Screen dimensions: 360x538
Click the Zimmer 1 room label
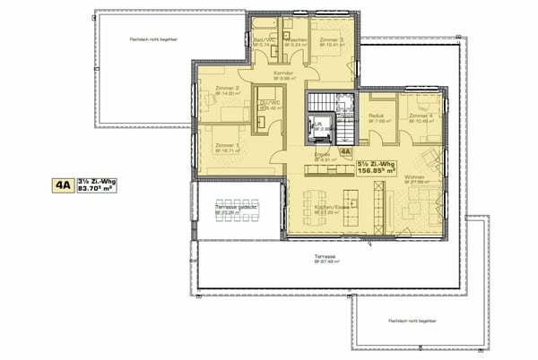pyautogui.click(x=227, y=145)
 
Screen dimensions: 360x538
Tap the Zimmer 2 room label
pyautogui.click(x=225, y=88)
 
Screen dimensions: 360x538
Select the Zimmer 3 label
pyautogui.click(x=329, y=40)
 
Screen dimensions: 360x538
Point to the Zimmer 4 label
pyautogui.click(x=421, y=116)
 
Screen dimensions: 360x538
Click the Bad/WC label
pyautogui.click(x=265, y=40)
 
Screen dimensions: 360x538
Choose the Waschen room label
pyautogui.click(x=295, y=40)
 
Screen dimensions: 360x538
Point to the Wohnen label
pyautogui.click(x=415, y=177)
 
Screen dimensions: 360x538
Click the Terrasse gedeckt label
pyautogui.click(x=236, y=208)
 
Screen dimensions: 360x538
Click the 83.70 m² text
pyautogui.click(x=100, y=189)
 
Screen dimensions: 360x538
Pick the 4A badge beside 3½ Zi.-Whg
pyautogui.click(x=63, y=185)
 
